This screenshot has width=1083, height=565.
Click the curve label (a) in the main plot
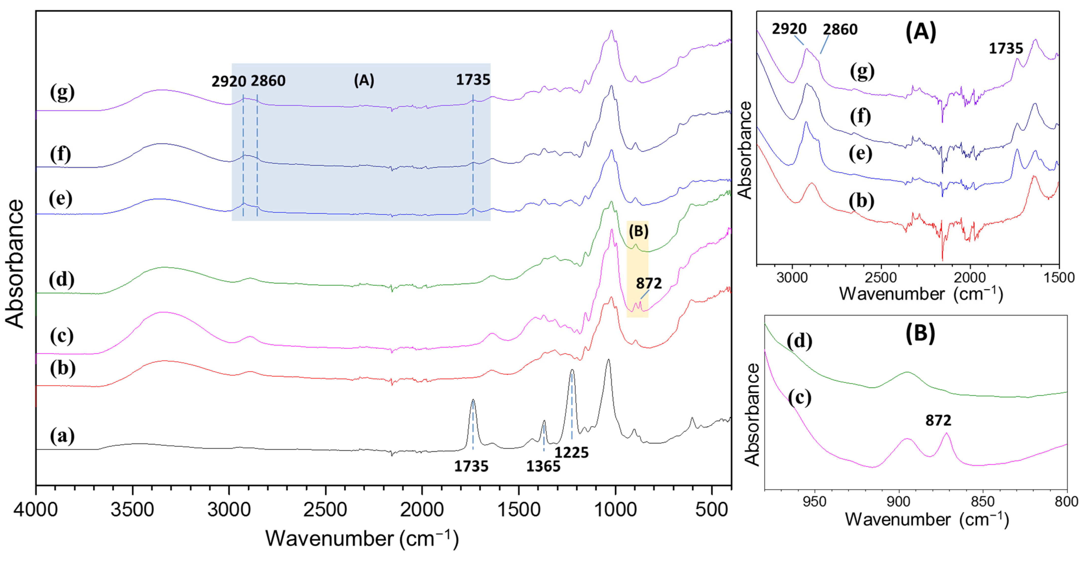coord(62,436)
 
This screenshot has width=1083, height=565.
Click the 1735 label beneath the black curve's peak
coord(471,466)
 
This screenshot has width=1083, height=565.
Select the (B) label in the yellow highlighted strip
coord(639,231)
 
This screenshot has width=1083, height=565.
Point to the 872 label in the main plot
coord(649,283)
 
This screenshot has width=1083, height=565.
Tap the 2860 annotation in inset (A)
coord(840,29)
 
